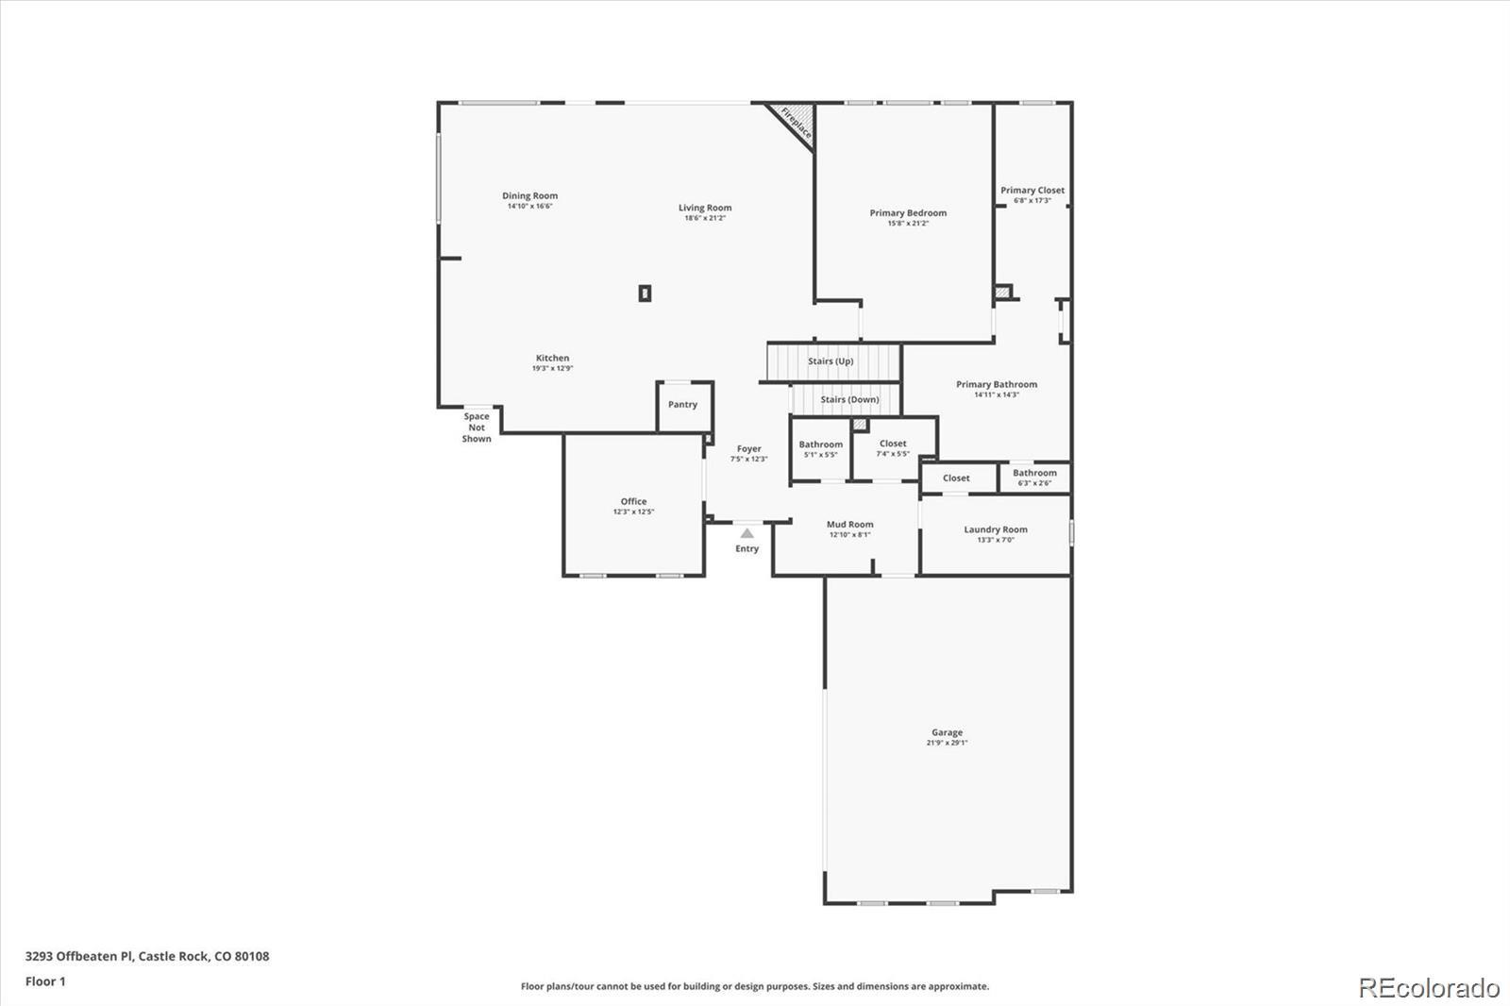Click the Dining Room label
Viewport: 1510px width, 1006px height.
pyautogui.click(x=529, y=196)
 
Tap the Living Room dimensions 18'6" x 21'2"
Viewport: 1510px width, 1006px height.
pyautogui.click(x=705, y=218)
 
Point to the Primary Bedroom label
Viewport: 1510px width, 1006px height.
pyautogui.click(x=908, y=213)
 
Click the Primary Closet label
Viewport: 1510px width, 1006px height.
pyautogui.click(x=1032, y=190)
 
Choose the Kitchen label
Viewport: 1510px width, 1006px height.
pyautogui.click(x=553, y=358)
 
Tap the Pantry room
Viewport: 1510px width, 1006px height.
pyautogui.click(x=684, y=406)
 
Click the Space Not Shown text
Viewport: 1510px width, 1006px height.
pyautogui.click(x=477, y=428)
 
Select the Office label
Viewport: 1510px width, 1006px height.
pyautogui.click(x=633, y=501)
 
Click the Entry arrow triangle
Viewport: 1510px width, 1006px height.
pyautogui.click(x=747, y=533)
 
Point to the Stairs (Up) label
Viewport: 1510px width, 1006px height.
pyautogui.click(x=830, y=361)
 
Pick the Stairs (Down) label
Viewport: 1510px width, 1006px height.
pyautogui.click(x=849, y=400)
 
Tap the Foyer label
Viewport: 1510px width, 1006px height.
pyautogui.click(x=749, y=448)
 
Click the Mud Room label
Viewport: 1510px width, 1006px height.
pyautogui.click(x=850, y=524)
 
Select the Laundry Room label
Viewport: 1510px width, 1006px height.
pyautogui.click(x=996, y=529)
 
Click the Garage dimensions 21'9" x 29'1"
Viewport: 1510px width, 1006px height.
pyautogui.click(x=948, y=743)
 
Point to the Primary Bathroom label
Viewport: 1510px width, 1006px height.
pyautogui.click(x=997, y=384)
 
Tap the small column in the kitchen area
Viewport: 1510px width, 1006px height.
pyautogui.click(x=646, y=293)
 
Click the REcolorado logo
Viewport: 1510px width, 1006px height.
pyautogui.click(x=1429, y=988)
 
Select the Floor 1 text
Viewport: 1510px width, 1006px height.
pyautogui.click(x=46, y=981)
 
